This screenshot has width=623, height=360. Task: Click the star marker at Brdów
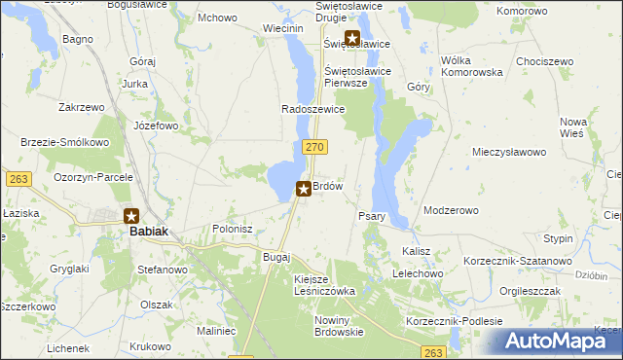point(304,189)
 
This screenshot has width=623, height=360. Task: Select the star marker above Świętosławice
point(352,39)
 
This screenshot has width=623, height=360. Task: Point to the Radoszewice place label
point(313,109)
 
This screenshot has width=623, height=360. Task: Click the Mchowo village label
point(217,18)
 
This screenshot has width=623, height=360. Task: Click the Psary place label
point(373,216)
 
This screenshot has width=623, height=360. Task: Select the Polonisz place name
point(233,229)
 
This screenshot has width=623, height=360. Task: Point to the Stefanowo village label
point(162,269)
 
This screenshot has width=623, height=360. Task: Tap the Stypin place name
point(559,238)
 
